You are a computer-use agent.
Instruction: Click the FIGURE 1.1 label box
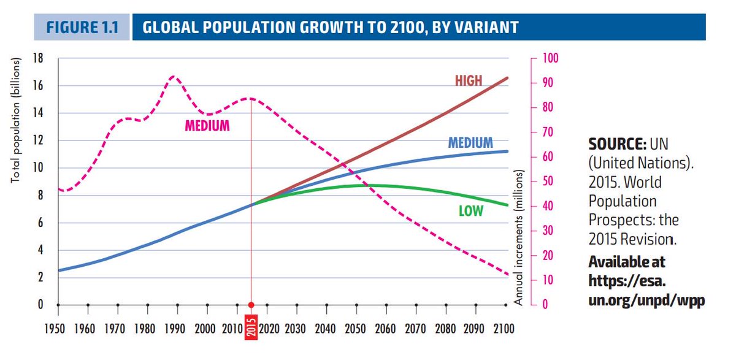pyautogui.click(x=81, y=28)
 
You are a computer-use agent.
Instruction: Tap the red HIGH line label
pyautogui.click(x=469, y=80)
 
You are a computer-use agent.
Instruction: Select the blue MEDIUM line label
pyautogui.click(x=470, y=143)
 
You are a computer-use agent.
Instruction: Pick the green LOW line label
pyautogui.click(x=471, y=212)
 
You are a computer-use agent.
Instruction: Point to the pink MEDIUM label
pyautogui.click(x=207, y=126)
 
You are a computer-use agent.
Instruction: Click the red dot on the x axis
pyautogui.click(x=251, y=305)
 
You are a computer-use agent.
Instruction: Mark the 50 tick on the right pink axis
pyautogui.click(x=548, y=182)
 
